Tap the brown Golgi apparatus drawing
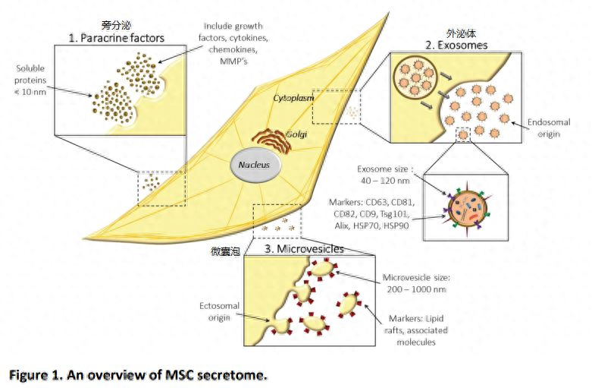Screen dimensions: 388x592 (x=262, y=137)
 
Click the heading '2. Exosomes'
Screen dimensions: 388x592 (x=456, y=45)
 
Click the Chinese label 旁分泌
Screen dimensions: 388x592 (x=114, y=25)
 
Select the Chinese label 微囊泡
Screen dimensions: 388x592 (x=226, y=250)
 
